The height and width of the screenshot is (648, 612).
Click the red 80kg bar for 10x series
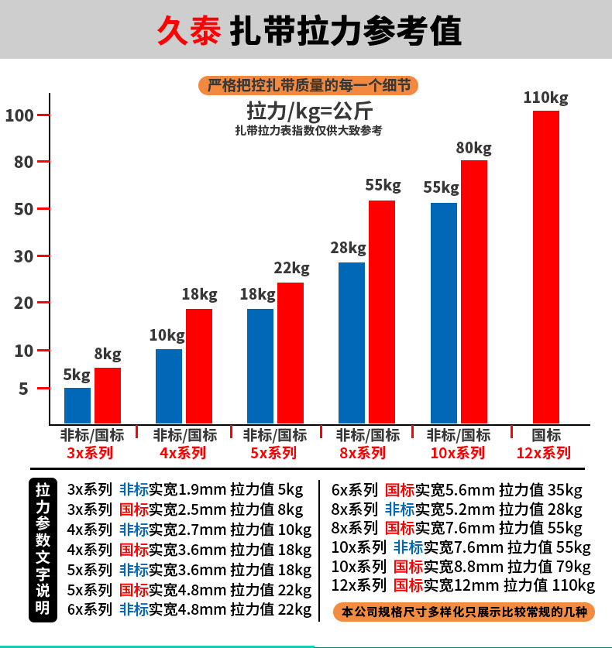click(474, 291)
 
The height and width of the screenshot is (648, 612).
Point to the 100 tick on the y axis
click(19, 115)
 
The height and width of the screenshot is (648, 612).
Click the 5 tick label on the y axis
click(23, 389)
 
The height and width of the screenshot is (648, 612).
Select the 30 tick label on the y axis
click(20, 256)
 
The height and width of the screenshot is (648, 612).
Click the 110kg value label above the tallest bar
click(545, 98)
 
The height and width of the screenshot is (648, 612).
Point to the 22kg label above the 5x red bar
click(291, 269)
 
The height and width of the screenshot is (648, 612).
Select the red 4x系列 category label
click(183, 452)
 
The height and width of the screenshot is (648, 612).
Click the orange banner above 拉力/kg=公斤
click(308, 85)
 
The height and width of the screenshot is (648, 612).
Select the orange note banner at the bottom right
click(464, 612)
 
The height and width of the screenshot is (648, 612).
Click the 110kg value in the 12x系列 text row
click(572, 585)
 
